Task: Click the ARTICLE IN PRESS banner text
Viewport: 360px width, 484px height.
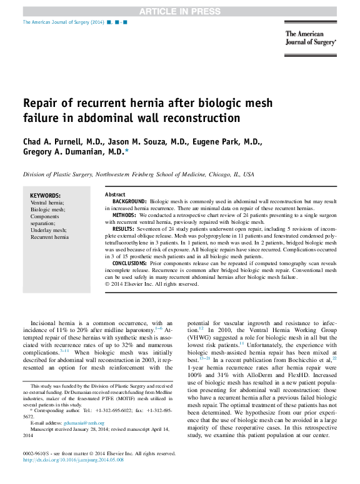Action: pyautogui.click(x=179, y=11)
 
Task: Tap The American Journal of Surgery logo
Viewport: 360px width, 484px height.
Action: pyautogui.click(x=311, y=39)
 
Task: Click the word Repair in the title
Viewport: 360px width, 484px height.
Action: pyautogui.click(x=41, y=103)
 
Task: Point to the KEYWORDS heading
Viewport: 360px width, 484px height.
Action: pyautogui.click(x=46, y=195)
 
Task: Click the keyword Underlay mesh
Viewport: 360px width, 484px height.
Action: pyautogui.click(x=48, y=229)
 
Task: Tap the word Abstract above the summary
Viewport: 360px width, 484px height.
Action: pyautogui.click(x=115, y=194)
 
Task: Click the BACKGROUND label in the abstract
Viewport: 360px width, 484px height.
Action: pyautogui.click(x=129, y=201)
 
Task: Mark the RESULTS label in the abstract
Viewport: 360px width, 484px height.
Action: pyautogui.click(x=123, y=229)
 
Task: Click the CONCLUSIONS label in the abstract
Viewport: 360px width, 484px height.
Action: pyautogui.click(x=129, y=263)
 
